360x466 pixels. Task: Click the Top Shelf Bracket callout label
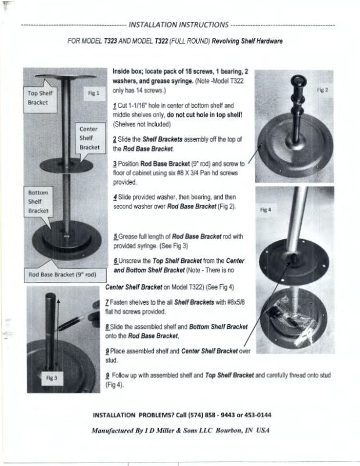click(x=40, y=97)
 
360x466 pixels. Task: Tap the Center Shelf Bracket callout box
click(x=90, y=138)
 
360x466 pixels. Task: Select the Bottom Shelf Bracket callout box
click(x=39, y=201)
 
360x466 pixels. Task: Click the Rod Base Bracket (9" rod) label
click(x=65, y=274)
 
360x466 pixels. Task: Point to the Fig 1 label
click(x=93, y=93)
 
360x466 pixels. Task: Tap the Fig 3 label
click(x=52, y=378)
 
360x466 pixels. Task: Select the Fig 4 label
click(x=265, y=210)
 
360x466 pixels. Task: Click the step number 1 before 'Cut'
click(x=115, y=106)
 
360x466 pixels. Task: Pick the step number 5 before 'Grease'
click(x=116, y=237)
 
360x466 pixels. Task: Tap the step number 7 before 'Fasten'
click(x=107, y=302)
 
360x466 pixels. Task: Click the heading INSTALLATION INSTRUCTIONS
click(x=178, y=25)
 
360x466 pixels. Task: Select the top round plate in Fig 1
click(x=66, y=77)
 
